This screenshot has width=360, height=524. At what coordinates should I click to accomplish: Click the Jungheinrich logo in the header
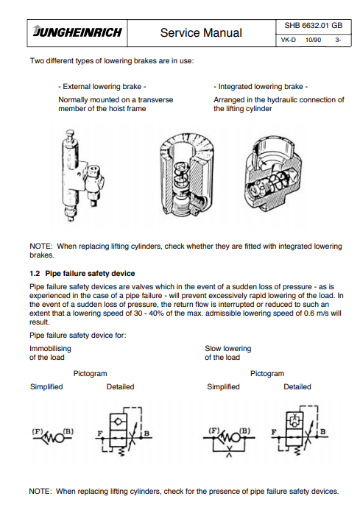point(77,32)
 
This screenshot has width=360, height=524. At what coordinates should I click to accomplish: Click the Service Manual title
point(201,32)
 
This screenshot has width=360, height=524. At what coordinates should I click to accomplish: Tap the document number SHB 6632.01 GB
point(313,26)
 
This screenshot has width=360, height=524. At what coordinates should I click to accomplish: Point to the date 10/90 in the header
point(313,40)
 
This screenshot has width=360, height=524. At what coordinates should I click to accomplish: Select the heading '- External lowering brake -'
point(102,87)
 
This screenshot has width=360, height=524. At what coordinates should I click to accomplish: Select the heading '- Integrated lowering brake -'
point(261,87)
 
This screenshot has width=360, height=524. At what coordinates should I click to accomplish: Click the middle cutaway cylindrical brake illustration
point(186,174)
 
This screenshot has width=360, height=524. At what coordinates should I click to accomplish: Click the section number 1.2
point(35,273)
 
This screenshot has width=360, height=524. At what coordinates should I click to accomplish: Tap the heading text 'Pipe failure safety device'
point(90,273)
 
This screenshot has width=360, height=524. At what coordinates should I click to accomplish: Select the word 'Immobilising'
point(50,349)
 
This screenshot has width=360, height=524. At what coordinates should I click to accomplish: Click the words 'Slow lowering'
point(228,349)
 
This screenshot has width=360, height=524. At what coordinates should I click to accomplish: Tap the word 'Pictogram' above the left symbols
point(91,374)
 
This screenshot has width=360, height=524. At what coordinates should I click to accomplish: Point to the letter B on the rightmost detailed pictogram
point(323,431)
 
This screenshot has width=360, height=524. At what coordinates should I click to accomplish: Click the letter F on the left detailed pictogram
point(99,433)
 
